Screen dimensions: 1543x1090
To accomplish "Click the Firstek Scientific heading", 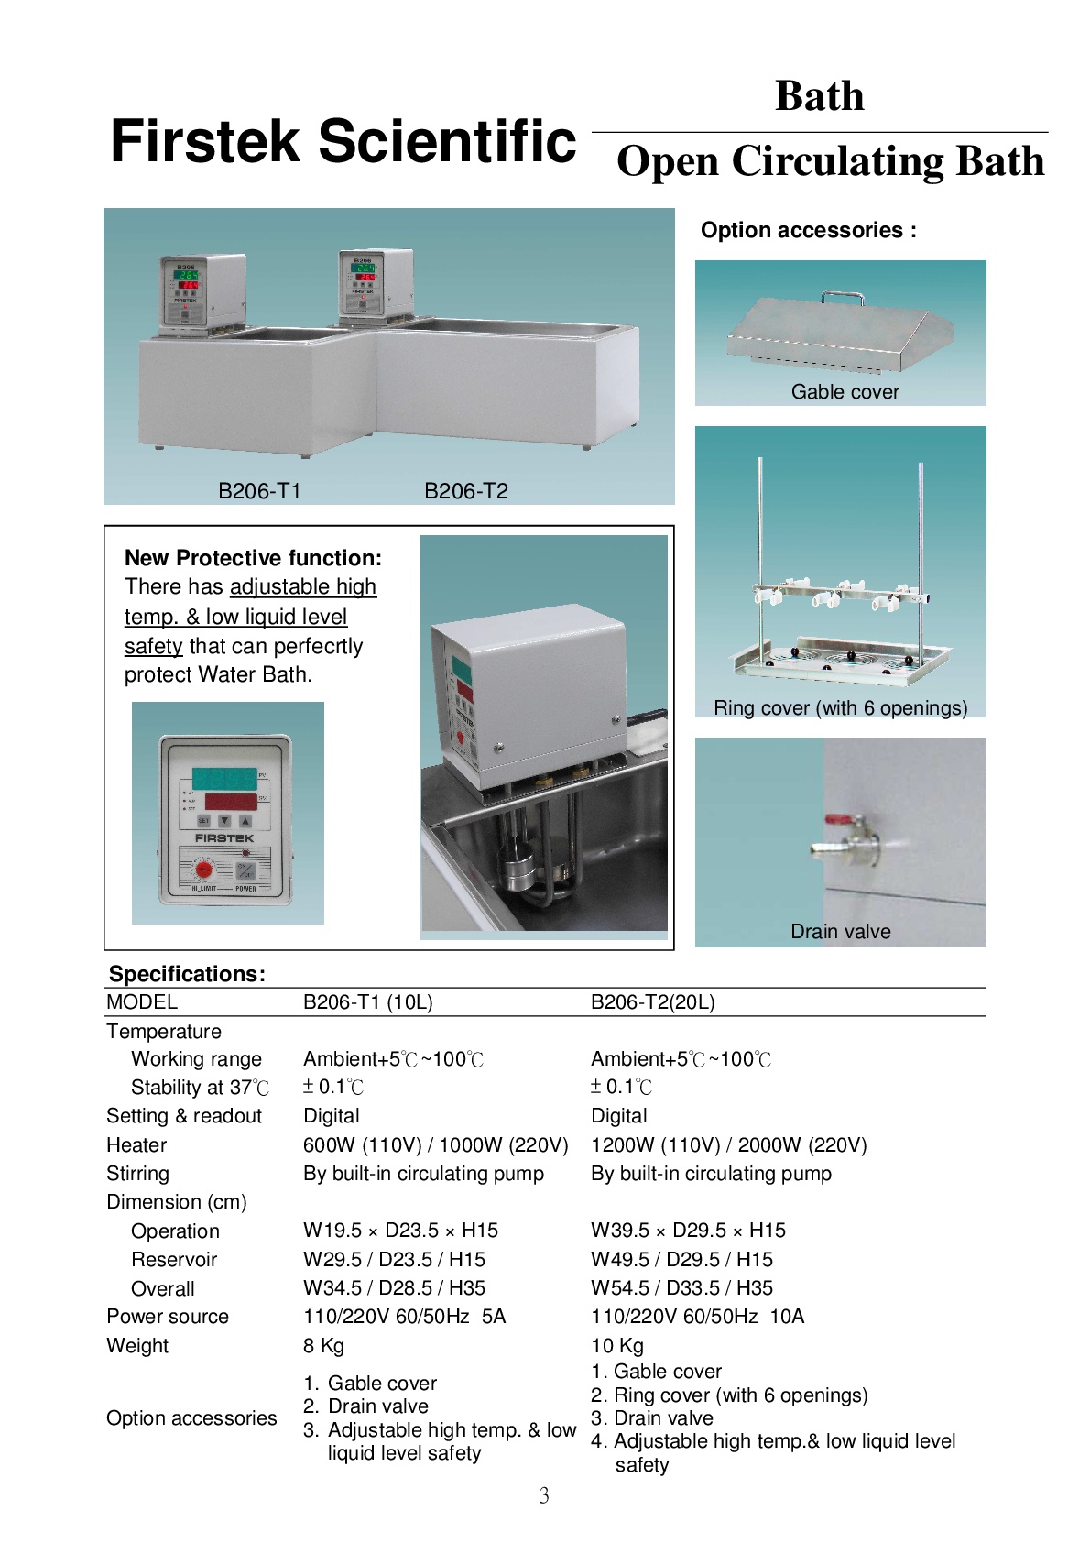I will [x=343, y=142].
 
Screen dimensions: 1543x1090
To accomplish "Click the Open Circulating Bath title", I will [x=830, y=161].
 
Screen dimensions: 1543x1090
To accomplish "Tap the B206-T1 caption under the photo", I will [x=259, y=491].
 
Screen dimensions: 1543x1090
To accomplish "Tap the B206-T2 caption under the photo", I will [x=465, y=491].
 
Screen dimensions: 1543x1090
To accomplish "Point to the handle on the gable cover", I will [x=843, y=296].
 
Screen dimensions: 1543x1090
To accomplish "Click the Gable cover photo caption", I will [x=845, y=392].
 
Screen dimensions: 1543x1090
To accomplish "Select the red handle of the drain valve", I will [x=839, y=820].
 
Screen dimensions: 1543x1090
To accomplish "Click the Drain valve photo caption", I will [x=840, y=932].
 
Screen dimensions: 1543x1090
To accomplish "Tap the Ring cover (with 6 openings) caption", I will [x=840, y=708].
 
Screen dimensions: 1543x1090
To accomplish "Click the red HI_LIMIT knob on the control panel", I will [x=205, y=869].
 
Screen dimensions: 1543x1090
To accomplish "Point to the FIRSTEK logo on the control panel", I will [x=224, y=838].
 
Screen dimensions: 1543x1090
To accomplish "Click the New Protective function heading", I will [x=253, y=558].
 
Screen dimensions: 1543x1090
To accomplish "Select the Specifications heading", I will [x=187, y=974].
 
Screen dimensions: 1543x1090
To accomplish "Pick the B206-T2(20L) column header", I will [x=652, y=1002].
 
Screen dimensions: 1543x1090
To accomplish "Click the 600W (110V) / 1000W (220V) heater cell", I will [x=435, y=1145].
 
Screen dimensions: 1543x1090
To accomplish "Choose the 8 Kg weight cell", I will [x=323, y=1346].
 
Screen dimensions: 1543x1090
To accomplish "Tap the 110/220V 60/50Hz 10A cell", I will [x=697, y=1317].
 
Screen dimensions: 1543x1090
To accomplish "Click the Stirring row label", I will [x=137, y=1174].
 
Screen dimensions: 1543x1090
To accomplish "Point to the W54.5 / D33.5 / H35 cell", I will [x=681, y=1288].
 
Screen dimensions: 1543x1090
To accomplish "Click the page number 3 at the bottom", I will [x=544, y=1496].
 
